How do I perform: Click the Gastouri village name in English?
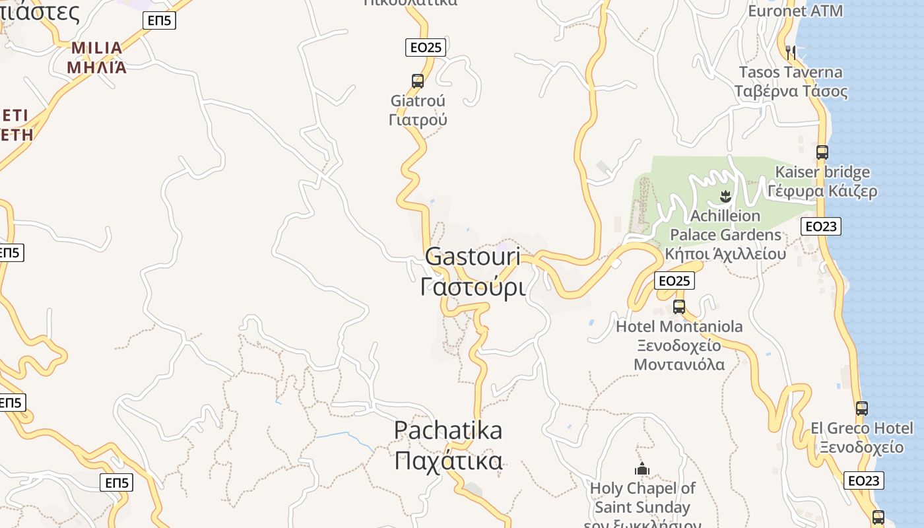tap(473, 257)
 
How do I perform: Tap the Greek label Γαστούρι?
tap(473, 287)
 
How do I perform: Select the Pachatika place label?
tap(448, 430)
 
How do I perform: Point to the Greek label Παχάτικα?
tap(448, 461)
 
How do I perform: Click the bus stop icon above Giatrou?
tap(418, 81)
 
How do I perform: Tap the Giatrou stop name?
tap(418, 101)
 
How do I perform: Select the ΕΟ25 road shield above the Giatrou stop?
tap(426, 47)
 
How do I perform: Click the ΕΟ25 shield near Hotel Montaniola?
tap(675, 280)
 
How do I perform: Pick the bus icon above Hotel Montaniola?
tap(679, 307)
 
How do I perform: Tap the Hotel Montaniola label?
tap(679, 326)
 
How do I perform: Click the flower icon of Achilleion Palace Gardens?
tap(725, 196)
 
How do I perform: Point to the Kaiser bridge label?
tap(822, 172)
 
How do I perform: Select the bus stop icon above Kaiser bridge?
tap(822, 152)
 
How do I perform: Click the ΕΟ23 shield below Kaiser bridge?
tap(821, 226)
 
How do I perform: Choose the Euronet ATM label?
tap(795, 11)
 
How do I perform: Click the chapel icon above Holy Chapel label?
tap(642, 469)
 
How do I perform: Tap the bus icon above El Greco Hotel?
tap(862, 409)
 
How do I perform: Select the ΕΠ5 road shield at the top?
tap(159, 20)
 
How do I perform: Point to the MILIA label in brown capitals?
tap(97, 48)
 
